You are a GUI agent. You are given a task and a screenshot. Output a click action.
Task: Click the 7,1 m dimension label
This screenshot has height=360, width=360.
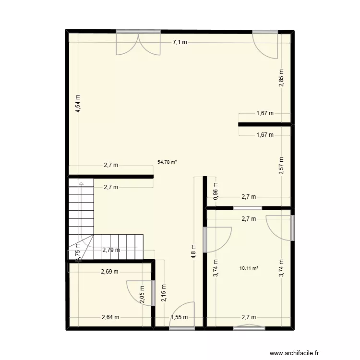pos(180,43)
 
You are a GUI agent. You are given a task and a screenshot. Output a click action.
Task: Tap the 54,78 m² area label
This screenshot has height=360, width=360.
pos(167,162)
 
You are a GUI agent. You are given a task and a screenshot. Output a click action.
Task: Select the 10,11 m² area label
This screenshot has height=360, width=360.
pos(249,268)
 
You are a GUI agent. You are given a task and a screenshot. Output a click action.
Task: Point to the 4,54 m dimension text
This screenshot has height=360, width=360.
pos(78,103)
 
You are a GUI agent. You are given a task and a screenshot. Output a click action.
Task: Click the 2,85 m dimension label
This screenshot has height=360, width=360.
pos(282,78)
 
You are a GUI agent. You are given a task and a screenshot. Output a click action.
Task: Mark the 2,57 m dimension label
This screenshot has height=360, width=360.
pos(282,166)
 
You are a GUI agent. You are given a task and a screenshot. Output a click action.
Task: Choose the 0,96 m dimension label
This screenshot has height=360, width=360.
pos(216,191)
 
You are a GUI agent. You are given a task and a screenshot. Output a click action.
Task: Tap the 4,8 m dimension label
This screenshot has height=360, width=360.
pos(194,250)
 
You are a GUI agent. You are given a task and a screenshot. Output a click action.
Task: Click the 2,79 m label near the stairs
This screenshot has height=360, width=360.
pos(111,250)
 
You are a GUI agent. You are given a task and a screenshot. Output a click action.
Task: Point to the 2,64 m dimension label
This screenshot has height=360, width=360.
pos(110,317)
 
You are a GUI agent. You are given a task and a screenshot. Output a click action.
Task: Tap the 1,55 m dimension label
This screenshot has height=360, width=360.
pos(179,317)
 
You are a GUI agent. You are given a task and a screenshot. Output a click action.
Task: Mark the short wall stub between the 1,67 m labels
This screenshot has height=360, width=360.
pos(264,124)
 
